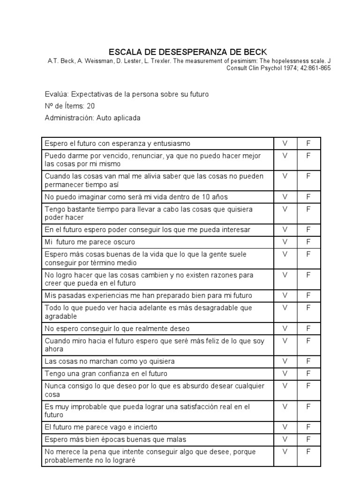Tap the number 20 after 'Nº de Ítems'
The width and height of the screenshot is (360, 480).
pos(90,106)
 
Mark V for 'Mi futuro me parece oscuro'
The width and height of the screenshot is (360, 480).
pos(285,242)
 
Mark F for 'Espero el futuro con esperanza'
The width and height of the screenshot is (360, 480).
pos(308,143)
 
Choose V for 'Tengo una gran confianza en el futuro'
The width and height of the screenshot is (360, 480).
pos(285,374)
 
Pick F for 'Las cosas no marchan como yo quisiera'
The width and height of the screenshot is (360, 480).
pos(308,361)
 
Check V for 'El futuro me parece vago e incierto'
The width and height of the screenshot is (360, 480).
pos(285,427)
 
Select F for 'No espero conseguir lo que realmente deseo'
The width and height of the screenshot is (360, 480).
pos(308,329)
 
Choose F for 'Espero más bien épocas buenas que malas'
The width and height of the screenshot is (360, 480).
pos(308,439)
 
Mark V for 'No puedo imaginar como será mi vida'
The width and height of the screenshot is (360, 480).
pos(285,197)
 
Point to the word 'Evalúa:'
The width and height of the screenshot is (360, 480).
pos(56,94)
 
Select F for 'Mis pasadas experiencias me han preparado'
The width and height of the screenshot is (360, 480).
pos(308,295)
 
